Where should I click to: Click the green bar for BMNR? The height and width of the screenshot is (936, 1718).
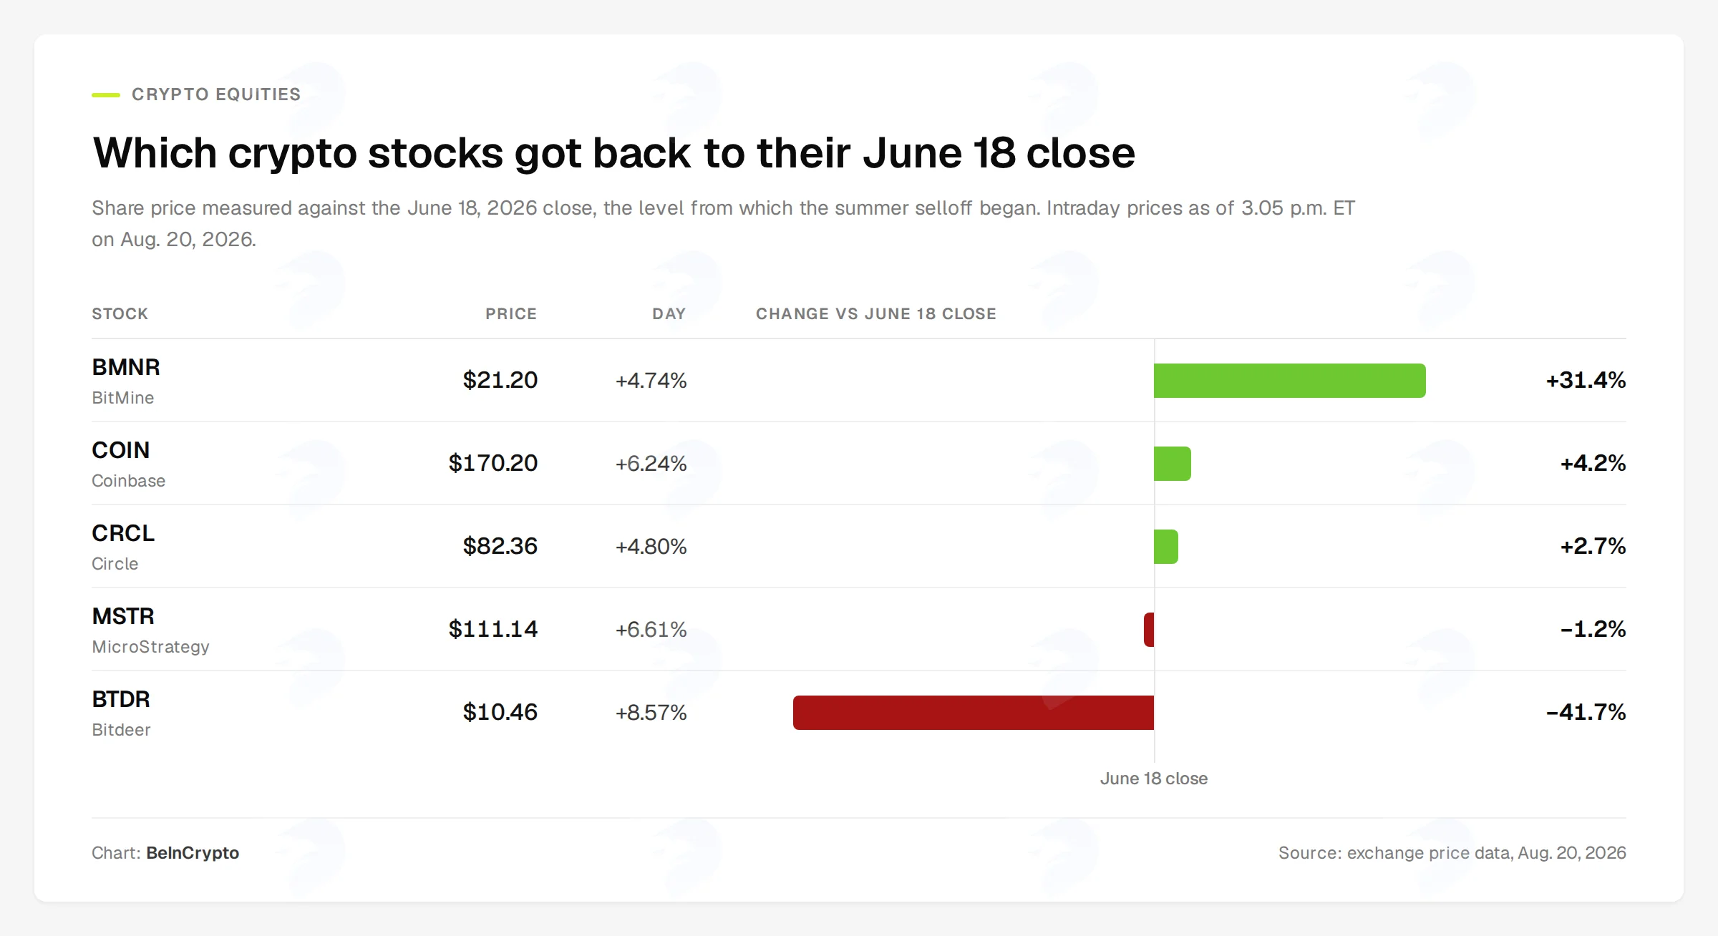point(1289,380)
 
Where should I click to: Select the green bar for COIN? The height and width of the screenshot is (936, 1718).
point(1173,463)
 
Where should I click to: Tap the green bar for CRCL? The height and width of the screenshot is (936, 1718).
point(1166,546)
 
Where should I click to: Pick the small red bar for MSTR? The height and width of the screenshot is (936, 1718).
point(1149,629)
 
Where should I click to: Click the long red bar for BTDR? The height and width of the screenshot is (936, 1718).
point(974,712)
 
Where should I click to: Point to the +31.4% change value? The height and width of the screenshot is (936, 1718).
point(1586,380)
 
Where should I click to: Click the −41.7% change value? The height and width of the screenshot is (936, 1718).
point(1586,712)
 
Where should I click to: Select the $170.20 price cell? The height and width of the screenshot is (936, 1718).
point(492,463)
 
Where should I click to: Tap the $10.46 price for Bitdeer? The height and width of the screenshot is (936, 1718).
point(500,712)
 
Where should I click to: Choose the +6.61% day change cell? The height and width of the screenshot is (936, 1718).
point(651,630)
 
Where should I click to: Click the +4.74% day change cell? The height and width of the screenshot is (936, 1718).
point(651,381)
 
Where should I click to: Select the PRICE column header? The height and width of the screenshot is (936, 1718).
point(511,313)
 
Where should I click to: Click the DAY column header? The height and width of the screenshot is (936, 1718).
point(669,313)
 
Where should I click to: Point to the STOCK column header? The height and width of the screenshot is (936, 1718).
point(120,313)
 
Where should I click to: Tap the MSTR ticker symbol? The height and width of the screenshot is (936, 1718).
point(123,616)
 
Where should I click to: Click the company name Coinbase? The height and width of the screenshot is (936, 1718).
point(128,481)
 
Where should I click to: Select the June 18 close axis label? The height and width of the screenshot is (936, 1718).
point(1154,779)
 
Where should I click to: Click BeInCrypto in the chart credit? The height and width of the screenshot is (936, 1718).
point(193,853)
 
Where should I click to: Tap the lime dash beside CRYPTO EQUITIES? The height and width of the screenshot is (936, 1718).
point(106,94)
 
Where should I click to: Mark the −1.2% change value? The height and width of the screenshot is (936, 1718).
point(1593,629)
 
